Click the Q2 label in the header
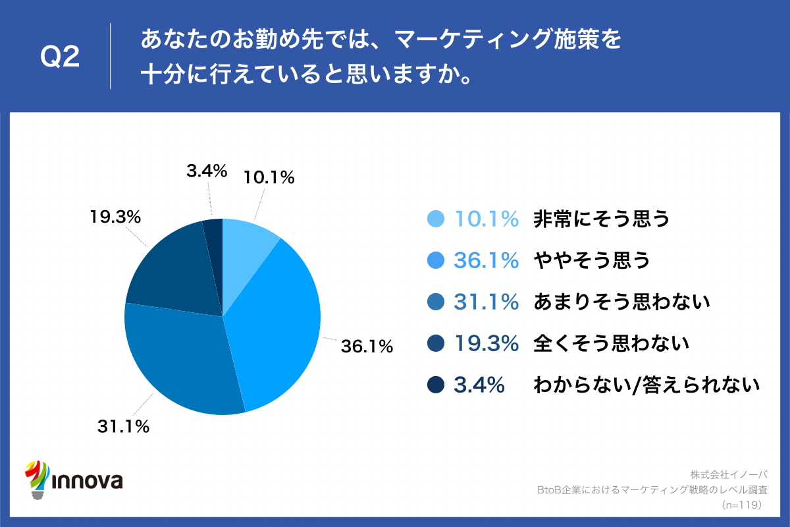coord(61,57)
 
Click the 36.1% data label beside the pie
coord(366,346)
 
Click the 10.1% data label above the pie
coord(269,177)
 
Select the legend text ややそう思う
coord(591,261)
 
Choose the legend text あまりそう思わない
coord(621,302)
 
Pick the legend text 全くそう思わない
coord(611,343)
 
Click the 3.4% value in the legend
coord(479,385)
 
